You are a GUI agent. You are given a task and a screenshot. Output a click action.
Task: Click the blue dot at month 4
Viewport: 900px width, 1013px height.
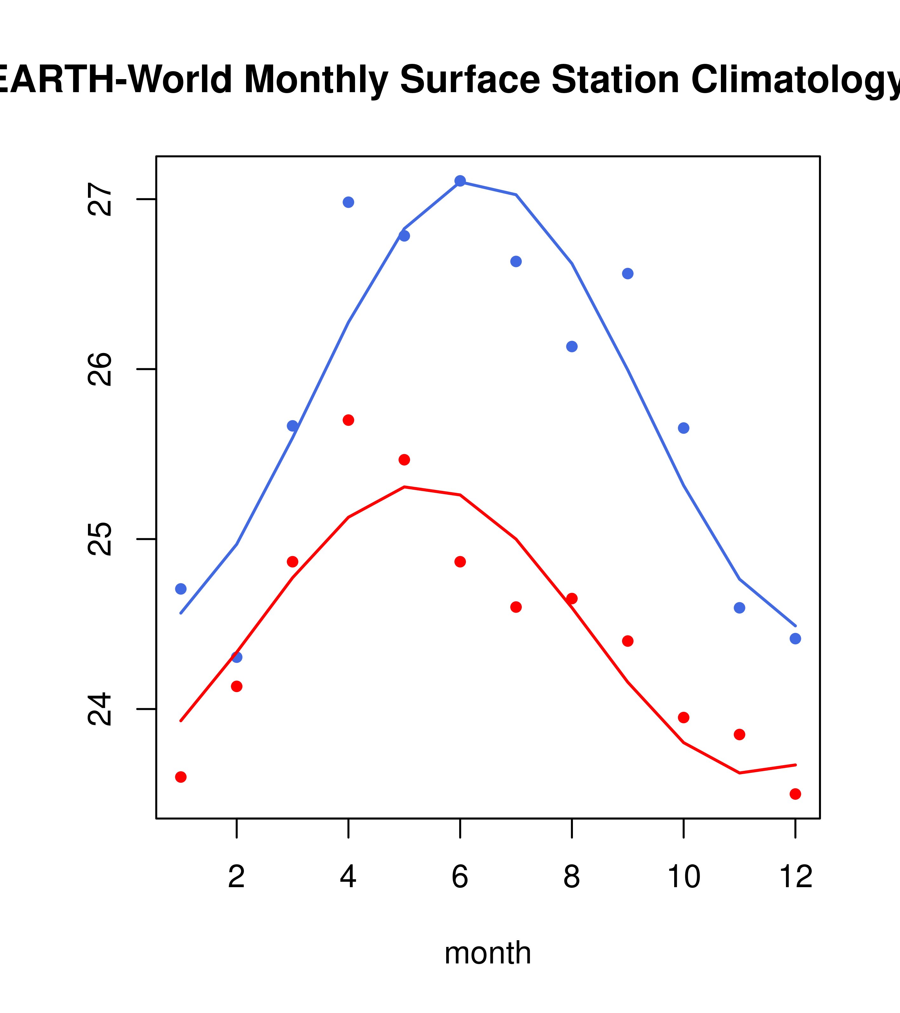(348, 202)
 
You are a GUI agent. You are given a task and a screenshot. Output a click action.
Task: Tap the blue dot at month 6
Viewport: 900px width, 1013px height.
(460, 180)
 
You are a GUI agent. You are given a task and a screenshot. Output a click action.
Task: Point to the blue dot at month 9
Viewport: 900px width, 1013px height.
(628, 274)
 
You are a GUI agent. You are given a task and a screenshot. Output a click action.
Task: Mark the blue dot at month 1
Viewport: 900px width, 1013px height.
(181, 589)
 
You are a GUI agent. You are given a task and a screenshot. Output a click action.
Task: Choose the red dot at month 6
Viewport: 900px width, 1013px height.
(460, 561)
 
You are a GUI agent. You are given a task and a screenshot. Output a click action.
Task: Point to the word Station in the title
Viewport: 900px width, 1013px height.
(615, 79)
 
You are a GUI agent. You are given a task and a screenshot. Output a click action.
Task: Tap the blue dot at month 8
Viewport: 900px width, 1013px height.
(572, 346)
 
